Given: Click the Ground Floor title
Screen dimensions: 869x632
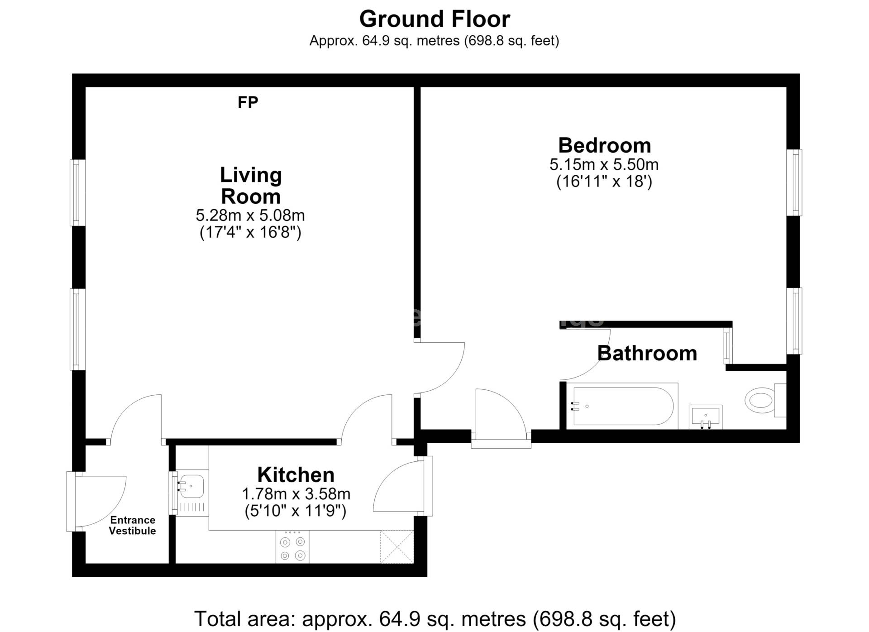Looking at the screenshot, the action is tap(434, 19).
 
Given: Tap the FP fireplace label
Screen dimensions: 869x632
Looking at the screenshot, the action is tap(248, 103).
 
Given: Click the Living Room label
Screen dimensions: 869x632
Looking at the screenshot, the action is tap(251, 186).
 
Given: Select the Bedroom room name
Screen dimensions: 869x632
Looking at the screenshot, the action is tap(604, 145).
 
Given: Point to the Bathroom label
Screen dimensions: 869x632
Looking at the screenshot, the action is tap(647, 353).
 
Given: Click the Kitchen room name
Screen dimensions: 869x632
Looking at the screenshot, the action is tap(296, 475).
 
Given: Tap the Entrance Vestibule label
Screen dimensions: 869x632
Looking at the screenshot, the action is tap(133, 526).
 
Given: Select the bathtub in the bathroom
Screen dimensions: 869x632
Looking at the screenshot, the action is tap(625, 406).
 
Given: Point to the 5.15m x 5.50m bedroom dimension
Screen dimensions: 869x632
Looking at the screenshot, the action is tap(604, 164).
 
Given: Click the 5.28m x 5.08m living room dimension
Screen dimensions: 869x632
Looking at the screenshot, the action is tap(250, 215).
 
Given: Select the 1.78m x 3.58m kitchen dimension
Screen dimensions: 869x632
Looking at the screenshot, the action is tap(296, 493).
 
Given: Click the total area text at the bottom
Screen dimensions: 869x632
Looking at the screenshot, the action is tap(435, 619).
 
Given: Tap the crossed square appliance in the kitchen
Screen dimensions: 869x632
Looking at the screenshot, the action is tap(397, 547).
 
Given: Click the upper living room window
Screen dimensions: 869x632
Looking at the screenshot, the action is tap(77, 192).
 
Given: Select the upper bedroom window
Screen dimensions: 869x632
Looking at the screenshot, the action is tap(794, 182).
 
